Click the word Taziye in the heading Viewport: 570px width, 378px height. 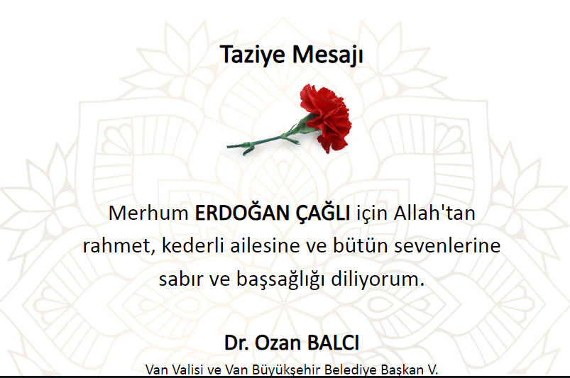point(253,55)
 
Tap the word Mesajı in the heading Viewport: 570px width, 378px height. point(327,55)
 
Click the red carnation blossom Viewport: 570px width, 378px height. point(325,117)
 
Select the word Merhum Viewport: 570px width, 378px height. point(148,213)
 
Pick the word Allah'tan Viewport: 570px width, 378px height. point(434,213)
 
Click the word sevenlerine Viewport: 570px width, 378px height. point(447,245)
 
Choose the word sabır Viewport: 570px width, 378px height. point(176,279)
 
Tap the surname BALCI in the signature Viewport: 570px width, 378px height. point(333,343)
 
